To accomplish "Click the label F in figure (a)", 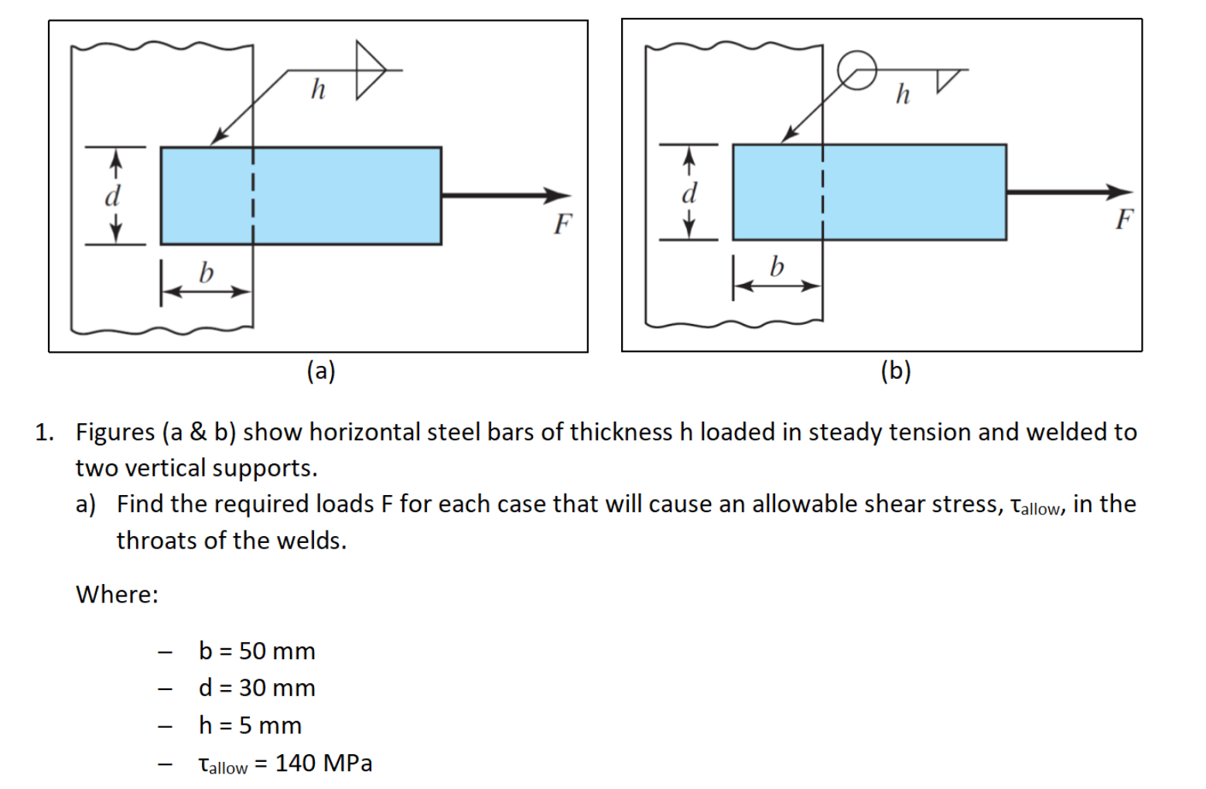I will (x=562, y=224).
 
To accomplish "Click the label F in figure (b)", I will (x=1124, y=220).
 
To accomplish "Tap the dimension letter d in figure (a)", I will (x=113, y=196).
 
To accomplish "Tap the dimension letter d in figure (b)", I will (x=689, y=192).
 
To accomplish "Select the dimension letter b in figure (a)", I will (x=206, y=272).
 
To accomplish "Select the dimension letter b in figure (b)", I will (x=777, y=267).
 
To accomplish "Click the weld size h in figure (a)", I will (x=318, y=90).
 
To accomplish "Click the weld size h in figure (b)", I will (x=903, y=94).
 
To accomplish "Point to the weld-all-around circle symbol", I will (x=856, y=70).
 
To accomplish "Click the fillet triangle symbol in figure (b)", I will (x=949, y=79).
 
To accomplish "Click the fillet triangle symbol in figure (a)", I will (x=369, y=70).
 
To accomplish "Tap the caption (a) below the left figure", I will (x=321, y=372).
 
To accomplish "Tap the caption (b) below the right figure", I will (x=896, y=372).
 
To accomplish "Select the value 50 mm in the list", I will (x=277, y=651).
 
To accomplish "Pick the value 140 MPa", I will (x=323, y=763).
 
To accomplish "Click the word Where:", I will (x=117, y=595).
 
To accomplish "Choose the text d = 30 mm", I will (x=257, y=688).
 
